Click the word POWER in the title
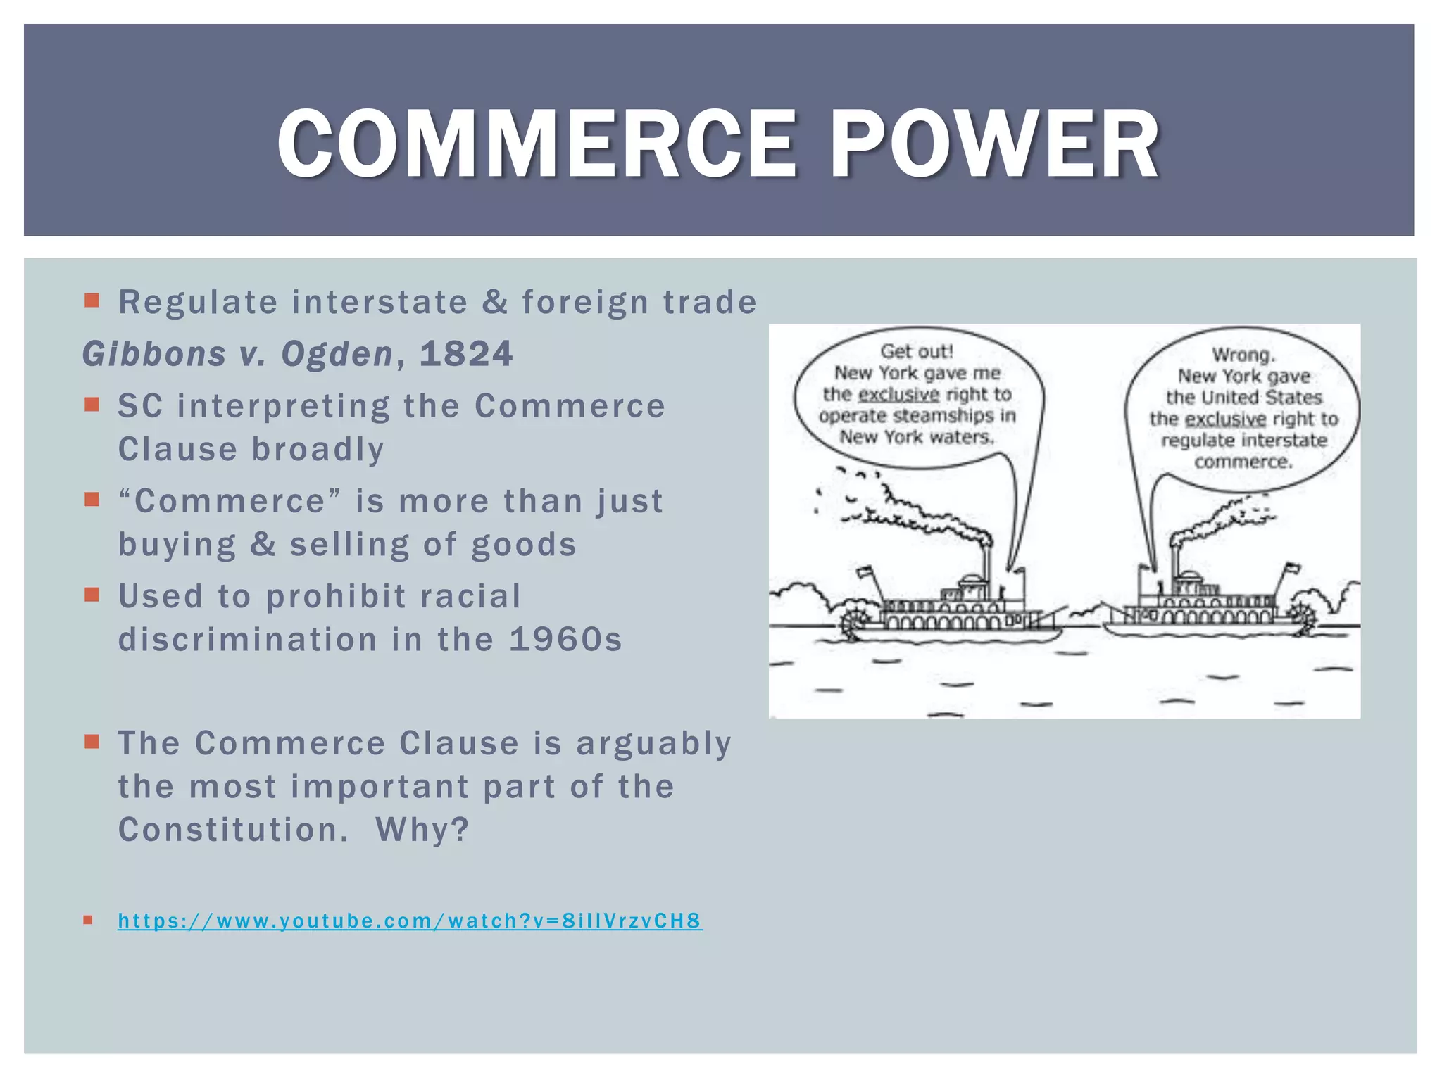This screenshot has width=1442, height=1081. (993, 144)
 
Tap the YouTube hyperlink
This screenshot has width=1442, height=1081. (410, 921)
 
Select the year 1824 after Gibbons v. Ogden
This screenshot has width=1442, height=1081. (465, 353)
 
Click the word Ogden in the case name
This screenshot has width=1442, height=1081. (337, 353)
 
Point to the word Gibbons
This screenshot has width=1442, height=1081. (154, 353)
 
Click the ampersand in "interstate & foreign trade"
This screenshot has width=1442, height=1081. (495, 303)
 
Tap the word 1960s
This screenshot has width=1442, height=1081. (565, 640)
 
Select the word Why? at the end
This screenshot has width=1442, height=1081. (422, 830)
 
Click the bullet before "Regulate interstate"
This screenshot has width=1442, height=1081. (92, 301)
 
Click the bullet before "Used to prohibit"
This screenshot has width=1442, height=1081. (92, 595)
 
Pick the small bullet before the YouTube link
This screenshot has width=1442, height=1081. (88, 919)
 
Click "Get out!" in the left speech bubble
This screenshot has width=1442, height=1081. (917, 351)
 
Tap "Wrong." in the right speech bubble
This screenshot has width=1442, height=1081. (1243, 355)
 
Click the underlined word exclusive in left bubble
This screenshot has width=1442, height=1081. (899, 394)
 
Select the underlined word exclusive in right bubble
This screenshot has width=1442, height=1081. (1225, 419)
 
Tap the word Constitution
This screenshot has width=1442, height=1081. (232, 830)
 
